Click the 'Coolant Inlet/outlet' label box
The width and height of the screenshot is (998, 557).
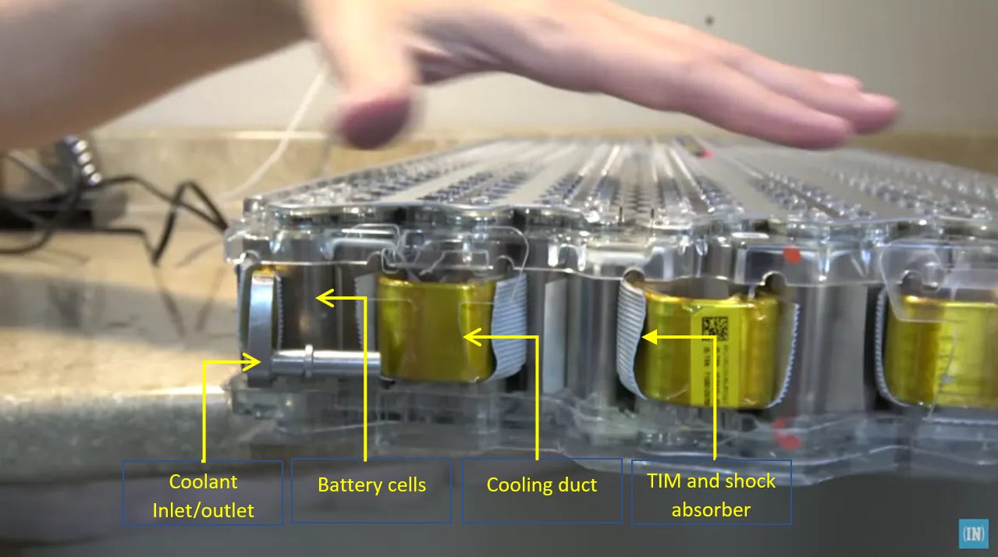point(203,492)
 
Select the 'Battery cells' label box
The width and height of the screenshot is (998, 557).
point(371,489)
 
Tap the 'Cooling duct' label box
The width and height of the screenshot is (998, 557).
point(542,489)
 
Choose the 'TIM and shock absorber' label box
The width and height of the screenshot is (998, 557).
point(711,491)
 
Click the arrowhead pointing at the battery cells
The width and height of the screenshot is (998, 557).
point(321,297)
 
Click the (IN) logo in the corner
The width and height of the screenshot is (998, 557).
point(973,534)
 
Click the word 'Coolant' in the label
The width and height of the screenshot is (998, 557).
point(203,481)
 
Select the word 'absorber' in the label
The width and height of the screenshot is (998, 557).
point(711,510)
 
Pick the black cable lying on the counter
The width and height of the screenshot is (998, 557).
point(156,218)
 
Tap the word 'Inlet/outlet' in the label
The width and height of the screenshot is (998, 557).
point(203,510)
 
